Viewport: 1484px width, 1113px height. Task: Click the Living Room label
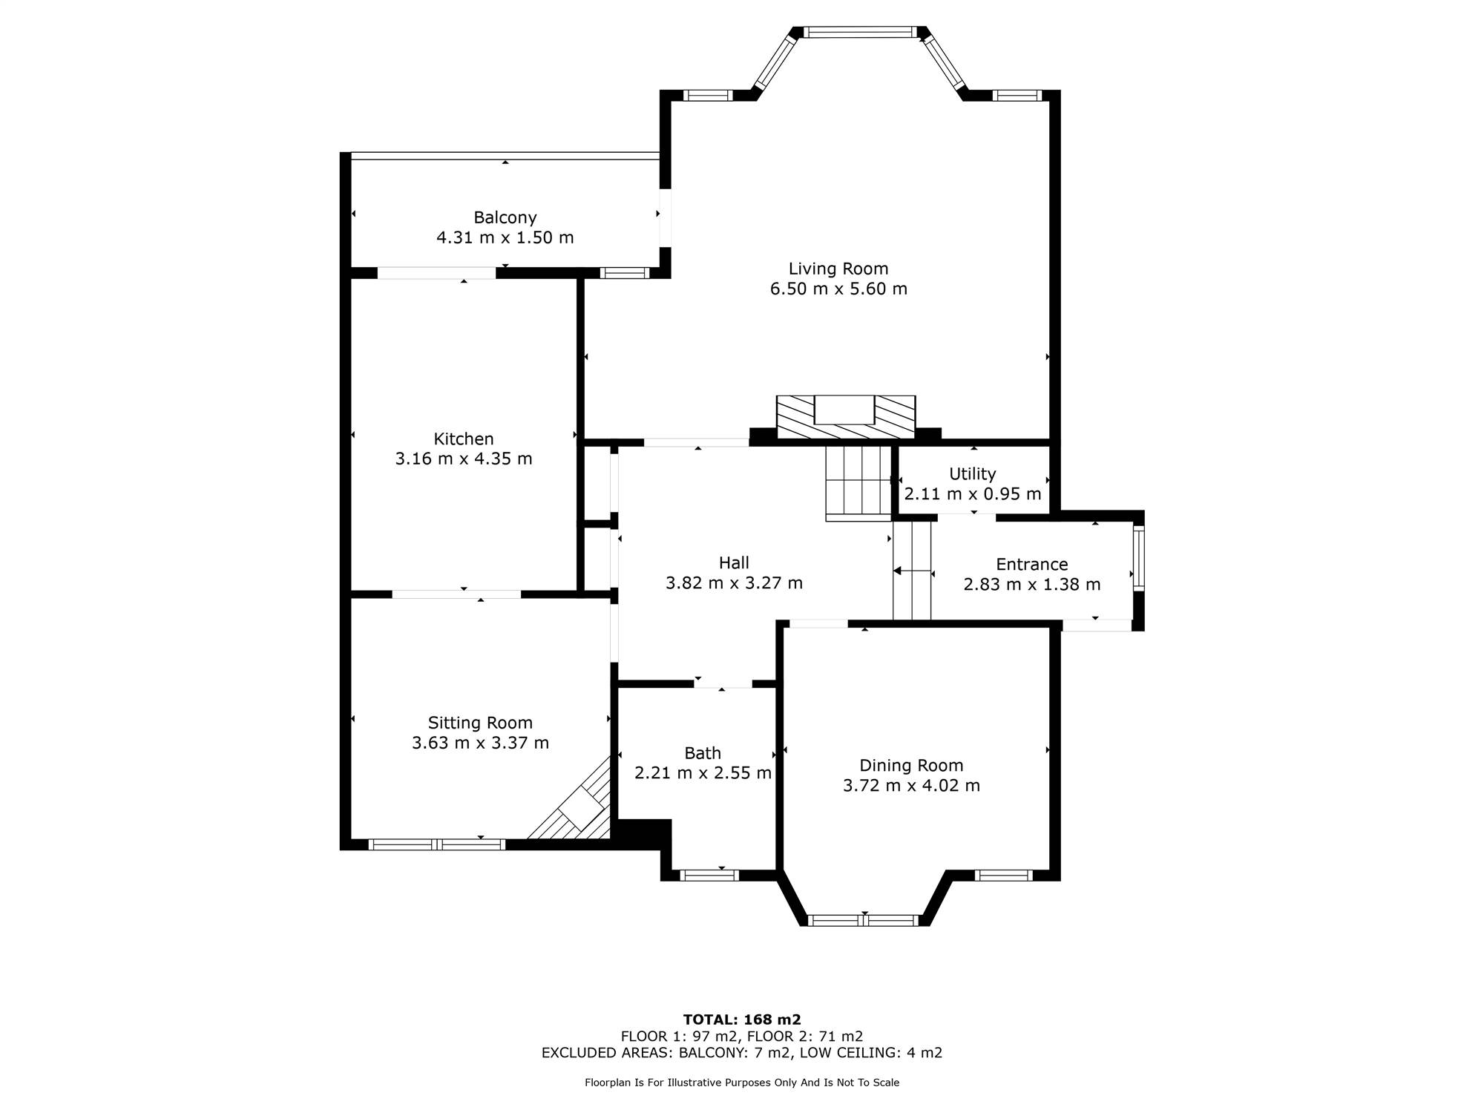point(838,269)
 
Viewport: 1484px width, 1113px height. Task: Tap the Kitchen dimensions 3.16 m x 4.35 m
point(464,459)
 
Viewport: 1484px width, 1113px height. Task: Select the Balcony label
point(505,218)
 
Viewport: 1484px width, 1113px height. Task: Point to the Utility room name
point(973,474)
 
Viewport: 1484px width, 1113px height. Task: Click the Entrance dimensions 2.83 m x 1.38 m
point(1032,585)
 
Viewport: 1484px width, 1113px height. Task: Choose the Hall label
point(734,563)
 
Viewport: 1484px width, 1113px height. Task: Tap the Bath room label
point(703,754)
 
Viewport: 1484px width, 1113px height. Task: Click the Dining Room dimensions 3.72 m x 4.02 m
point(911,786)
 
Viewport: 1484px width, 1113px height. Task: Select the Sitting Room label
point(480,723)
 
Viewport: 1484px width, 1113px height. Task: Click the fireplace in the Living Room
point(846,417)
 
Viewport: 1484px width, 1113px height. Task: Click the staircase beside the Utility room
point(859,482)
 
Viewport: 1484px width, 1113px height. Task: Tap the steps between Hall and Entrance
point(912,570)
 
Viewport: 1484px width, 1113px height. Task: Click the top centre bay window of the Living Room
point(861,32)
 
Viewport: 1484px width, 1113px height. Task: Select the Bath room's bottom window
point(709,876)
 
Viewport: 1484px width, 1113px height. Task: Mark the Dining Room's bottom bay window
point(863,921)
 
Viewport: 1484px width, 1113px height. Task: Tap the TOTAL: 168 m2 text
point(742,1020)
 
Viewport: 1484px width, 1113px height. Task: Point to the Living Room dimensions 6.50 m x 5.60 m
point(838,289)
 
